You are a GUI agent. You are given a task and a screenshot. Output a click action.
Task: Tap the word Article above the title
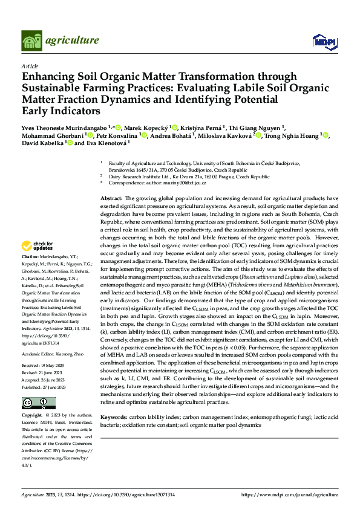click(x=30, y=65)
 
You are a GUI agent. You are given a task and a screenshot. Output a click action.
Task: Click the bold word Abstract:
click(x=111, y=198)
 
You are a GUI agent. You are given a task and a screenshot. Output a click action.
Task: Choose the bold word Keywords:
click(x=114, y=417)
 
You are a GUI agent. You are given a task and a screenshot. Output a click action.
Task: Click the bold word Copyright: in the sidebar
click(x=33, y=416)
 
